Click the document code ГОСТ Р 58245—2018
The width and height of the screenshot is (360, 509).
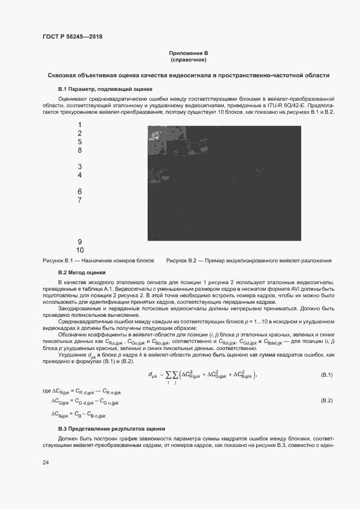pyautogui.click(x=72, y=36)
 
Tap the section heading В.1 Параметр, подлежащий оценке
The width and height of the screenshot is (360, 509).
pyautogui.click(x=105, y=88)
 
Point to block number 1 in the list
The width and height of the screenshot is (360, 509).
pyautogui.click(x=80, y=125)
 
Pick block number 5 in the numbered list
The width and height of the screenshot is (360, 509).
pyautogui.click(x=80, y=142)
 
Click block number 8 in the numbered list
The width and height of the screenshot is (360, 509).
pyautogui.click(x=80, y=150)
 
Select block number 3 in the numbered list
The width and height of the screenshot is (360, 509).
pyautogui.click(x=80, y=167)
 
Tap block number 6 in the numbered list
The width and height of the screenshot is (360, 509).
pyautogui.click(x=80, y=192)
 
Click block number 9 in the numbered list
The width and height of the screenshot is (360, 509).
pyautogui.click(x=80, y=242)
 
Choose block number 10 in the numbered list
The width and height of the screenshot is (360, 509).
pyautogui.click(x=80, y=250)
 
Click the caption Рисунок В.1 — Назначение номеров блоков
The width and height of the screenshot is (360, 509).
pyautogui.click(x=98, y=261)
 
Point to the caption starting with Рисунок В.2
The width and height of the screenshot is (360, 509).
pyautogui.click(x=249, y=261)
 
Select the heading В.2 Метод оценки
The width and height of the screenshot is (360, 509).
pyautogui.click(x=82, y=272)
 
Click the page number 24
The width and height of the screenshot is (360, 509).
pyautogui.click(x=46, y=463)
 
